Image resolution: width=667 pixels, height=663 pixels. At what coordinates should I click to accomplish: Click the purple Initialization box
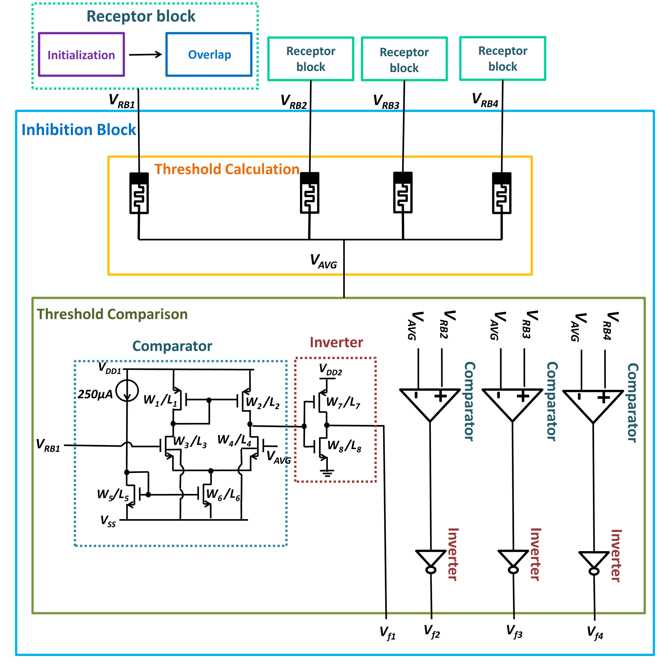tap(81, 54)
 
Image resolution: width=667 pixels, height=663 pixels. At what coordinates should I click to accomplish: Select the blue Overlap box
tap(209, 54)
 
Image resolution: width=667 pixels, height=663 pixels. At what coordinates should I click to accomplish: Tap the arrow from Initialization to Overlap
tap(145, 54)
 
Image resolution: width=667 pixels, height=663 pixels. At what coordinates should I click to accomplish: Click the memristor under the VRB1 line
tap(139, 193)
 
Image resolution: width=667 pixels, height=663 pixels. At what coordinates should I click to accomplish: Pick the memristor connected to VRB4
tap(501, 193)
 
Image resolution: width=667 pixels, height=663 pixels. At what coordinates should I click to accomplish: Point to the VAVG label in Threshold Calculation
tap(323, 261)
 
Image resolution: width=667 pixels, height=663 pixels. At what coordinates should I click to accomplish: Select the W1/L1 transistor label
tap(160, 400)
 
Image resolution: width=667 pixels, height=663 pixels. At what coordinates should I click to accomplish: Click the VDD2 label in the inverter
tap(330, 369)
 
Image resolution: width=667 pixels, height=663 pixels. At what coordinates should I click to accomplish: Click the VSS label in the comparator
tap(108, 521)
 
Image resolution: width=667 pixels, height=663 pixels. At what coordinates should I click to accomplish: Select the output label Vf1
tap(387, 633)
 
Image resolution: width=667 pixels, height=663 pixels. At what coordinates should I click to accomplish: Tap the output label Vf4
tap(595, 633)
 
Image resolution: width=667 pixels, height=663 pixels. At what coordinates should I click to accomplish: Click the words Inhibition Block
tap(79, 130)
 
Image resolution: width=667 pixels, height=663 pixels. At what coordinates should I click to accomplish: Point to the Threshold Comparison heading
tap(112, 314)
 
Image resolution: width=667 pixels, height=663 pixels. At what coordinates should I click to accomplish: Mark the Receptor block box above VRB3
tap(404, 59)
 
